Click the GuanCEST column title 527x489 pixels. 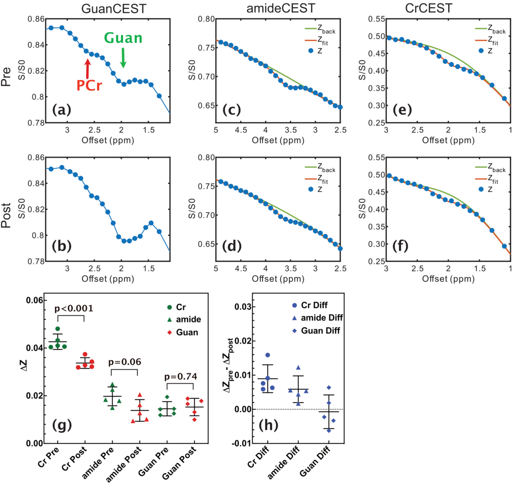pyautogui.click(x=113, y=8)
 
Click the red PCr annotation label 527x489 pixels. pyautogui.click(x=89, y=86)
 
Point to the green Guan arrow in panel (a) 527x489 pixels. pyautogui.click(x=123, y=58)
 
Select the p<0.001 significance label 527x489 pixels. pyautogui.click(x=74, y=308)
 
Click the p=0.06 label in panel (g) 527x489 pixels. pyautogui.click(x=125, y=362)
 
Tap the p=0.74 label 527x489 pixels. pyautogui.click(x=181, y=376)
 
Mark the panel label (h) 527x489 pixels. pyautogui.click(x=268, y=425)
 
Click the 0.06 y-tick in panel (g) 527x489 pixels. pyautogui.click(x=35, y=300)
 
